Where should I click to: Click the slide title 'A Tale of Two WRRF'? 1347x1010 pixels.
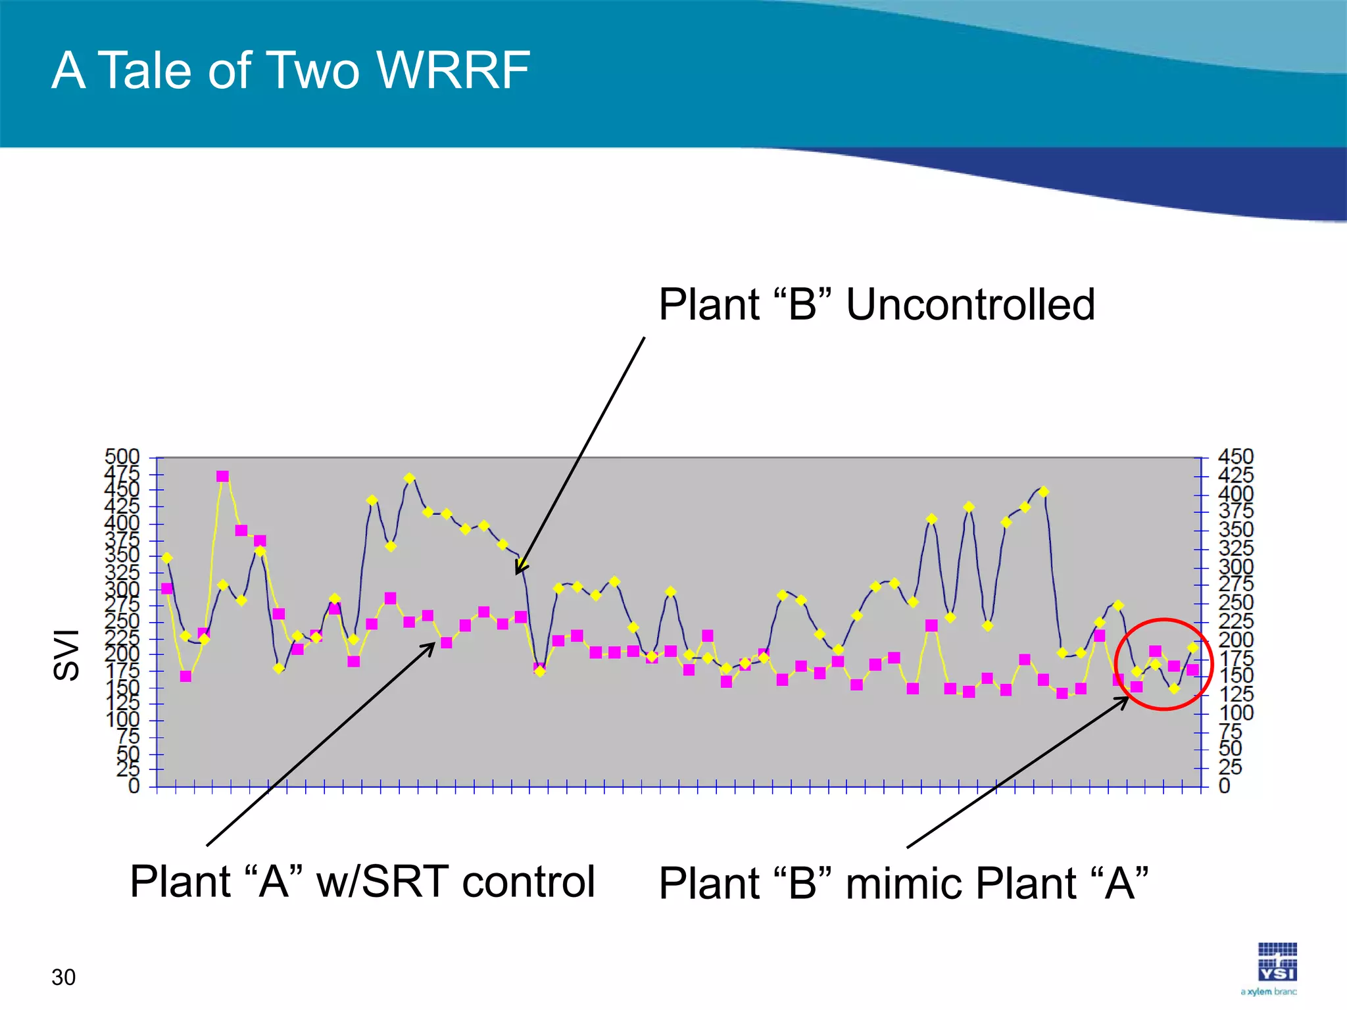(x=290, y=70)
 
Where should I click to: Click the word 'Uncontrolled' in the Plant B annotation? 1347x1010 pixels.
(x=970, y=304)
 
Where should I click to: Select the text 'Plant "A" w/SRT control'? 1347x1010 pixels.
(x=362, y=881)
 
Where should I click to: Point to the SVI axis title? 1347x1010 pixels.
(x=66, y=654)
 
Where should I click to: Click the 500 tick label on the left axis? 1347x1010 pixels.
(x=122, y=456)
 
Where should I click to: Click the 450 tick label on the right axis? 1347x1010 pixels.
(x=1236, y=456)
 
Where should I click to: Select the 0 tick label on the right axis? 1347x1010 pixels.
(x=1225, y=786)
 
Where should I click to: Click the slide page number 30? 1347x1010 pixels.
(x=63, y=977)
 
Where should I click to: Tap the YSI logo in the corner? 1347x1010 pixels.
(x=1277, y=963)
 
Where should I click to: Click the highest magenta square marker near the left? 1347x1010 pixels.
(x=223, y=476)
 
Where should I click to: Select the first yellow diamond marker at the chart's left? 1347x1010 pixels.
(x=167, y=558)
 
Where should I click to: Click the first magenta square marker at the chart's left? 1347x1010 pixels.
(x=167, y=589)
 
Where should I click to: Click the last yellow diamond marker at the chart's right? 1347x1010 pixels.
(x=1192, y=648)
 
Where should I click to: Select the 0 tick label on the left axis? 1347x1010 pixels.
(x=134, y=786)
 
